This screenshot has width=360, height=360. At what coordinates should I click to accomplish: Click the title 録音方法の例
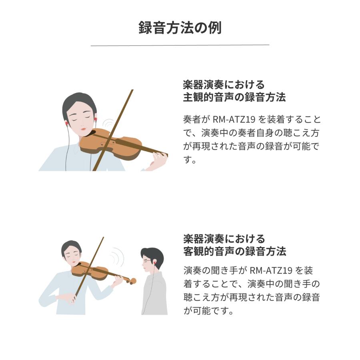(x=180, y=28)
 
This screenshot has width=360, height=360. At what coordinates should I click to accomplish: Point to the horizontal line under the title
(x=180, y=46)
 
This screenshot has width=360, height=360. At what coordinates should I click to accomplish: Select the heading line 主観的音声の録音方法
(x=234, y=97)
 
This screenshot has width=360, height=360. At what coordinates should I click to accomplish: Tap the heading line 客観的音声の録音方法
(x=234, y=252)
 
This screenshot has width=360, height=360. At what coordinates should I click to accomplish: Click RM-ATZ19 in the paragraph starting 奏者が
(x=231, y=119)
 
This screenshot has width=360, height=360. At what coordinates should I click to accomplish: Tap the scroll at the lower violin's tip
(x=133, y=281)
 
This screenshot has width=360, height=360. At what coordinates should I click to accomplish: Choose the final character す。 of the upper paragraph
(x=189, y=160)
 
